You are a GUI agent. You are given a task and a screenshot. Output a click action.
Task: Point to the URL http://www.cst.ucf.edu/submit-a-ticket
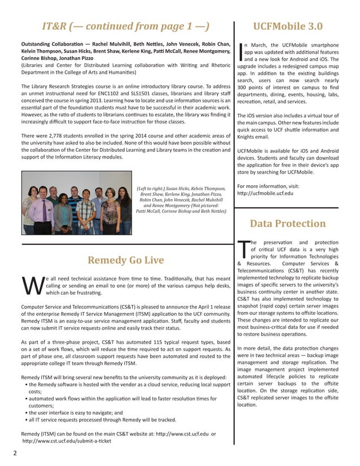(67, 440)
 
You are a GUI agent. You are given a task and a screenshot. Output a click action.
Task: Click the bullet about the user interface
(83, 412)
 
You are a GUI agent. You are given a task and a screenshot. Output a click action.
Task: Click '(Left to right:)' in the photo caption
(156, 187)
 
